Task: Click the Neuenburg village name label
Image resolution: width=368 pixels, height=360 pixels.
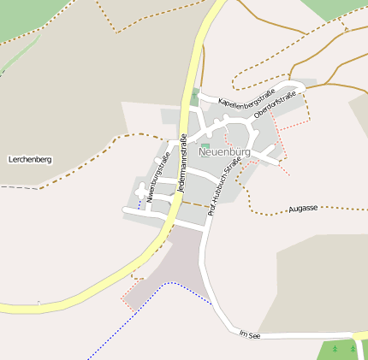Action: click(223, 152)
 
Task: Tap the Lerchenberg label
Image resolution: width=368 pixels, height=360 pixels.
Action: click(29, 159)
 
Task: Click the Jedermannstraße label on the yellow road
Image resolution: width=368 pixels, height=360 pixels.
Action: click(181, 167)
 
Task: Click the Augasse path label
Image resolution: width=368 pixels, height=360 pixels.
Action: click(303, 209)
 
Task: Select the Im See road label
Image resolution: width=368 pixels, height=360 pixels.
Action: click(249, 335)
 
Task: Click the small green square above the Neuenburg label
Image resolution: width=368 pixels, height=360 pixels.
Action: click(205, 145)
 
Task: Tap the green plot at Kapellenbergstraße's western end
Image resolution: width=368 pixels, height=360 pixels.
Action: click(195, 97)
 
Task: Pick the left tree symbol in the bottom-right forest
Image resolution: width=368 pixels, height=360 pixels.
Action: click(335, 349)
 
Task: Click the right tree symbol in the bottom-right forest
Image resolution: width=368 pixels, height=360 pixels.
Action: click(353, 349)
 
